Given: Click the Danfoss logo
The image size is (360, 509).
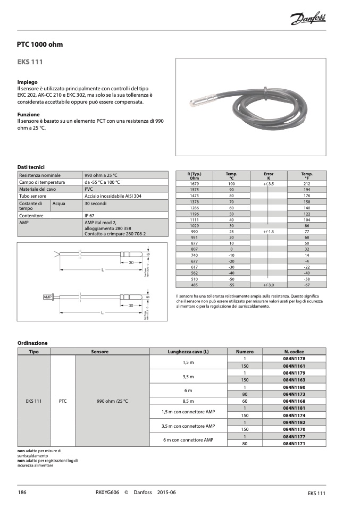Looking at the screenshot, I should (x=308, y=20).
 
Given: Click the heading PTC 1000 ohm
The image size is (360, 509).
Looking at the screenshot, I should (x=40, y=44).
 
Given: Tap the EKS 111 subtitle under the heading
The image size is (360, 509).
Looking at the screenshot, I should (x=30, y=62).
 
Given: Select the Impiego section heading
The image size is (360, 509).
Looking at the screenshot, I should (x=27, y=82).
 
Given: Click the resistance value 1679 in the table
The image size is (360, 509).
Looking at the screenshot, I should (x=194, y=183).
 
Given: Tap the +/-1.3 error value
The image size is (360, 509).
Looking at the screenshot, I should (x=268, y=232).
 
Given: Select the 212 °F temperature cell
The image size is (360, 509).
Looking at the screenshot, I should (x=307, y=183).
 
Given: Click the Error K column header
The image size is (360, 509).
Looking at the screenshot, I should (x=269, y=176).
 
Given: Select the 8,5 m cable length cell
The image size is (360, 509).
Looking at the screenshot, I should (x=188, y=401).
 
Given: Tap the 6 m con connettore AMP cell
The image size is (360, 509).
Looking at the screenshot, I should (x=188, y=439).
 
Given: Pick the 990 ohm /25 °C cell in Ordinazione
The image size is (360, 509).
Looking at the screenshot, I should (x=112, y=401).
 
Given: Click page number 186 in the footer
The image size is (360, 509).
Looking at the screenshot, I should (x=22, y=493).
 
